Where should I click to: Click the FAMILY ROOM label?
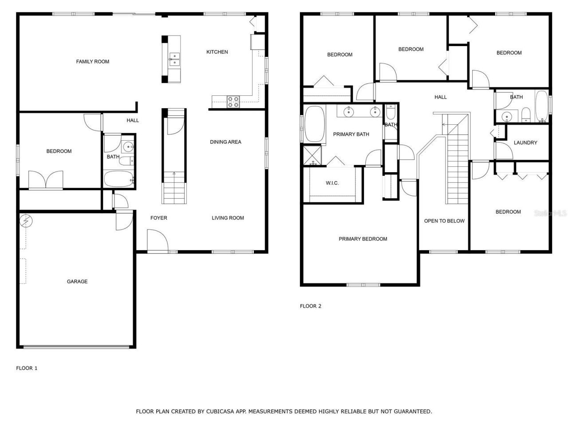(92, 62)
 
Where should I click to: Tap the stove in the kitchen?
(233, 102)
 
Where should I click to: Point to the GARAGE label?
(77, 281)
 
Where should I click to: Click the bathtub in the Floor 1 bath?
(118, 180)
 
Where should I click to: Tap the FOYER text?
(158, 218)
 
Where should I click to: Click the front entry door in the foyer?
(157, 242)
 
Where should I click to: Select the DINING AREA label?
(225, 142)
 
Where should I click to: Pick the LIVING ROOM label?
(228, 218)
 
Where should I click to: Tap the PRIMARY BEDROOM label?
(363, 239)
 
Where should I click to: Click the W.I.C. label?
(332, 183)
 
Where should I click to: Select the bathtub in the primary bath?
(314, 125)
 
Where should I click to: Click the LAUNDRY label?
(525, 143)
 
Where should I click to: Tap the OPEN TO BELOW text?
(444, 221)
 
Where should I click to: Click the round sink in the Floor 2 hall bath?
(507, 117)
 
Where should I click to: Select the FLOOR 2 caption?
(311, 306)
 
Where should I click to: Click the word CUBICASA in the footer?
(220, 411)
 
